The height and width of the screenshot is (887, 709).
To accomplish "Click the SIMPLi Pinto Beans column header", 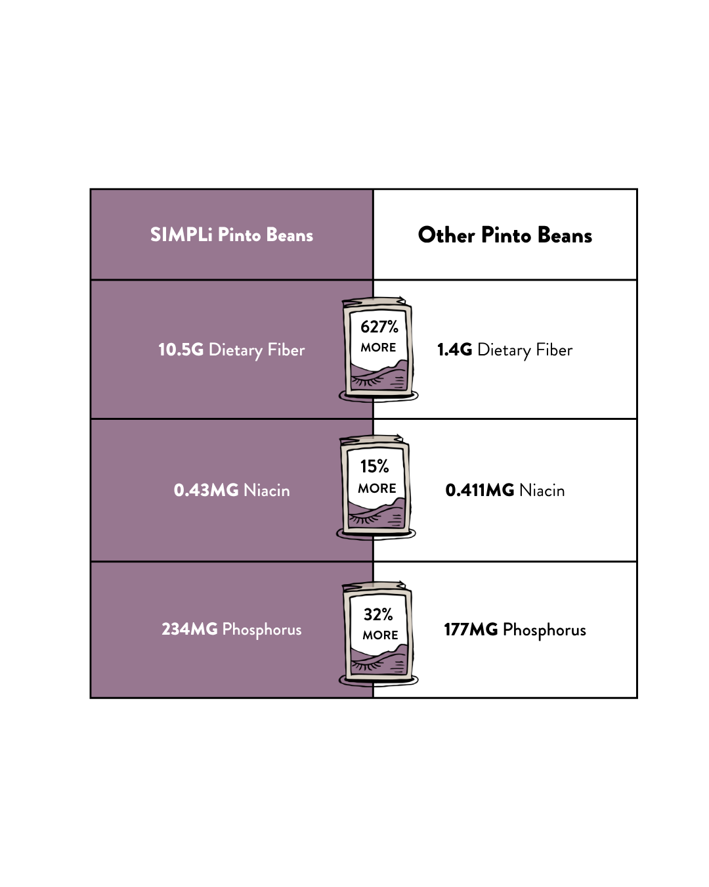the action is point(231,235).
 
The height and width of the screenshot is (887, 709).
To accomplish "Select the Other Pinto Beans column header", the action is point(505,235).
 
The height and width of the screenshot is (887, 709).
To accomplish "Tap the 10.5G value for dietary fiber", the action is point(181,350).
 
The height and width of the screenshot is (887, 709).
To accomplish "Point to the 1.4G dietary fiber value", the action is point(454,350).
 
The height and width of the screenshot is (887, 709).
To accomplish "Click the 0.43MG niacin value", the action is point(206,490).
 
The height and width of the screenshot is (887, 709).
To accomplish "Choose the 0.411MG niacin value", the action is point(479,490).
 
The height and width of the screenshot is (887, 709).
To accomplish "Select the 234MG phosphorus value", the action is point(190,629).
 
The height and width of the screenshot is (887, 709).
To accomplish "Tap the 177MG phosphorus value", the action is point(471,629).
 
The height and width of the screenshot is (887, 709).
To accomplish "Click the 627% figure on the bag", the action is point(379,327).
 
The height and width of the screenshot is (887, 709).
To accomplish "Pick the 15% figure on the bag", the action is point(374,466).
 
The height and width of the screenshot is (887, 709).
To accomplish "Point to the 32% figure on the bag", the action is point(377,614).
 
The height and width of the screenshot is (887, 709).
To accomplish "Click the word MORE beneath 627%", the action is point(378,348).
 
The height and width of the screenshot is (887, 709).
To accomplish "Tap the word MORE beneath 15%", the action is point(377,488).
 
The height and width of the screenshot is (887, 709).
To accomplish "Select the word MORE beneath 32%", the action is point(380,635).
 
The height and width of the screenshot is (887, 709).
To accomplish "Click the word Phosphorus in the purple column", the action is point(262,630).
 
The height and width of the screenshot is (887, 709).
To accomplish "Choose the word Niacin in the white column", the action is point(542,490).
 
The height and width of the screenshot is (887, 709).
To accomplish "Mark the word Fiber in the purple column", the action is point(286,350).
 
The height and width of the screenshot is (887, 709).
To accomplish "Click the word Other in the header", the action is point(446,235).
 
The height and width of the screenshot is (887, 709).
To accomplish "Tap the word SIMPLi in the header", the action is point(181,235).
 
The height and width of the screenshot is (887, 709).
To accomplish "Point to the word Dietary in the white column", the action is point(504,350).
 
